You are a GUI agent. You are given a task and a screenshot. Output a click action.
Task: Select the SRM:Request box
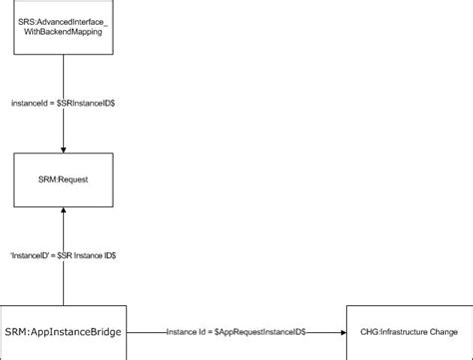64,180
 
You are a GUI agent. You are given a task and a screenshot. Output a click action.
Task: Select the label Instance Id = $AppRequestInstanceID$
236,330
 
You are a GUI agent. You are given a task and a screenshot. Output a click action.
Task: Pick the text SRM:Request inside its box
64,180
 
